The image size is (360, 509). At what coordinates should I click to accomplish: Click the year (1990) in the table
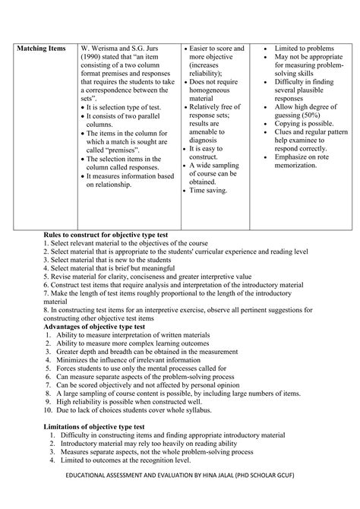tap(93, 58)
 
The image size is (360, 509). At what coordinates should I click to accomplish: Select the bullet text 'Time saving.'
tap(210, 191)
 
